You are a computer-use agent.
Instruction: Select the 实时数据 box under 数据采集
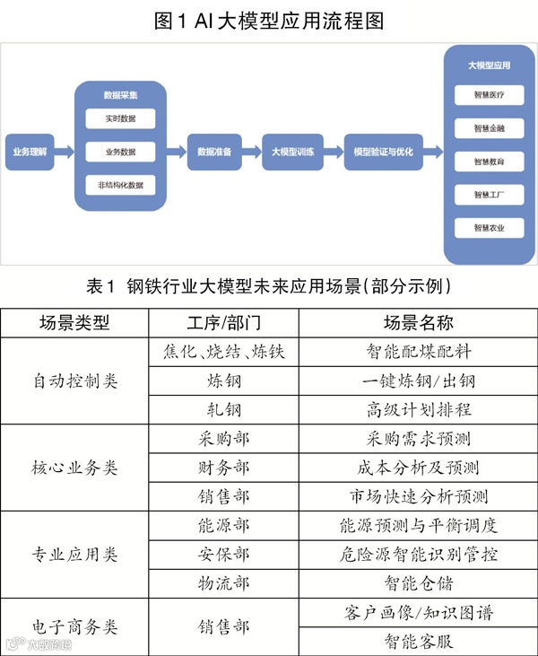(120, 118)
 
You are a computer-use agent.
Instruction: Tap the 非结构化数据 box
(120, 185)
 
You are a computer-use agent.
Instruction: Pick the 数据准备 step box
(214, 152)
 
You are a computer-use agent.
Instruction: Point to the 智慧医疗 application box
(489, 94)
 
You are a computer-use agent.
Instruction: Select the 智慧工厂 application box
(489, 194)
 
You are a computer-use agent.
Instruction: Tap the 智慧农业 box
(489, 227)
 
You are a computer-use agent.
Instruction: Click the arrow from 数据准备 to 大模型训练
(252, 152)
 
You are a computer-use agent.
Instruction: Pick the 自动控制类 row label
(74, 380)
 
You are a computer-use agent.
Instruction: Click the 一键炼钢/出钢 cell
(419, 380)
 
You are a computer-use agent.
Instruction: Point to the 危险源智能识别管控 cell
(419, 555)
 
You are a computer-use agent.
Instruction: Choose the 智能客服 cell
(419, 641)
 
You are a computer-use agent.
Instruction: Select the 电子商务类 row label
(74, 626)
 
